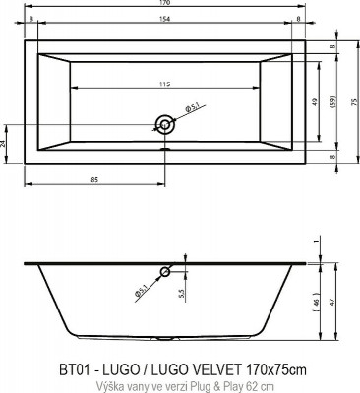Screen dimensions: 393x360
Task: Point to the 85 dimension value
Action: pyautogui.click(x=93, y=177)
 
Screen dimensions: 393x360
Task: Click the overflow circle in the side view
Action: pyautogui.click(x=164, y=271)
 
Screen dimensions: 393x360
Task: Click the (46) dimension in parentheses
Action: pyautogui.click(x=314, y=303)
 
